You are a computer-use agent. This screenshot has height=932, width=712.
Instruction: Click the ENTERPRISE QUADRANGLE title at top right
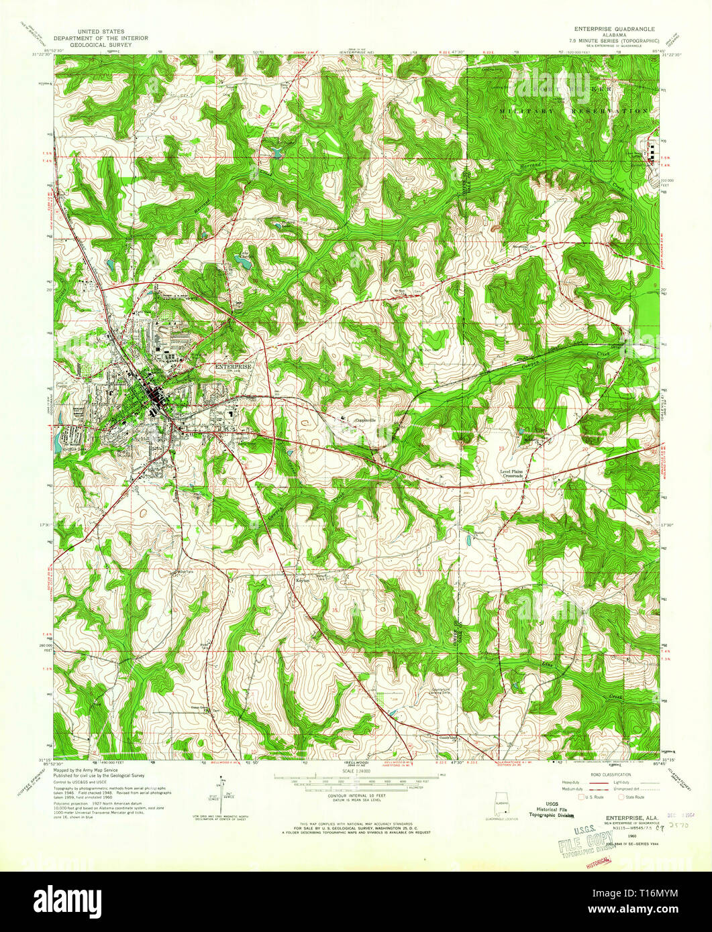pyautogui.click(x=613, y=30)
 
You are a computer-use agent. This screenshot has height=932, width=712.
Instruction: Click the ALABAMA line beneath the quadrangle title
pyautogui.click(x=613, y=38)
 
